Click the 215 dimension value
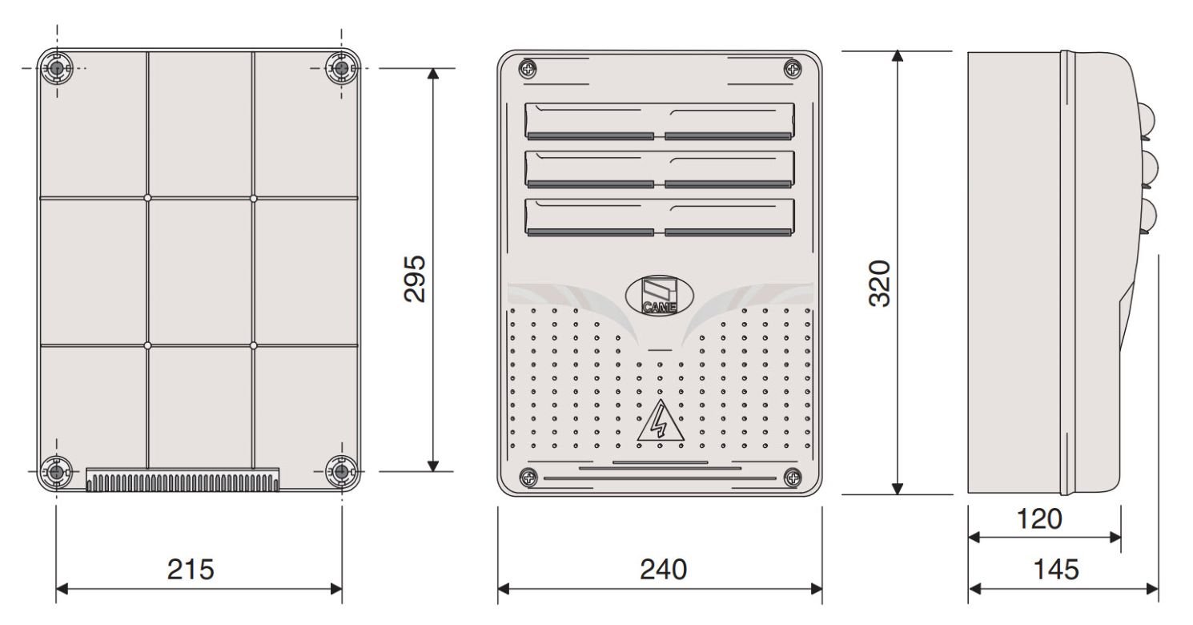(x=191, y=569)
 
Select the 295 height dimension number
(x=415, y=279)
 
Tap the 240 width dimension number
(x=663, y=569)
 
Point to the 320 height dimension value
(x=880, y=283)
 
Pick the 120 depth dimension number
(x=1039, y=518)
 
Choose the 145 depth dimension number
(x=1056, y=569)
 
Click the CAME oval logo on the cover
(x=659, y=296)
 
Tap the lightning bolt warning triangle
(x=661, y=421)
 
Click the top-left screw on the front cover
(x=528, y=69)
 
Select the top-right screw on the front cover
(x=793, y=69)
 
